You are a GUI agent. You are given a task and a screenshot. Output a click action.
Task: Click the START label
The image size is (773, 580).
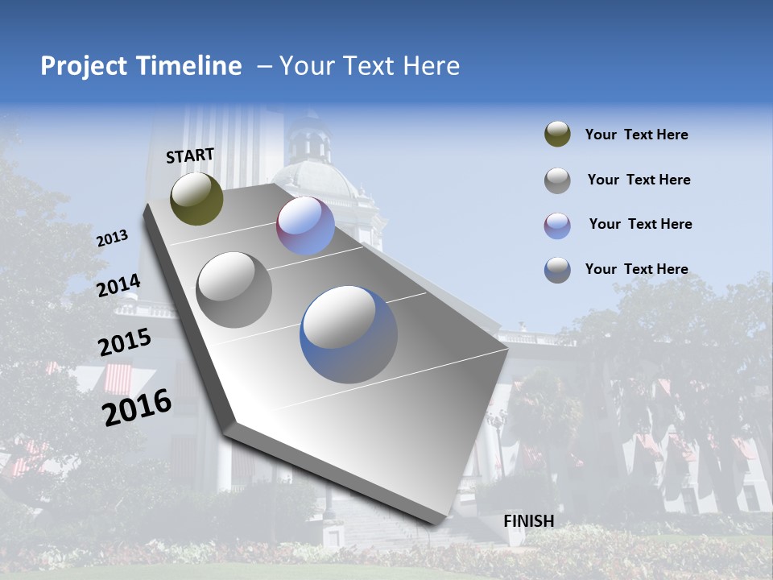click(190, 155)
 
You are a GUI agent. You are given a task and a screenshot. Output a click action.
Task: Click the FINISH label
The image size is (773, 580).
click(528, 521)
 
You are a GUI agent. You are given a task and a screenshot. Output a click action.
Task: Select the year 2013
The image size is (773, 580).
click(112, 238)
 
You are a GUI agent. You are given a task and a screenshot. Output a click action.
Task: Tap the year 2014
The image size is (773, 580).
click(118, 285)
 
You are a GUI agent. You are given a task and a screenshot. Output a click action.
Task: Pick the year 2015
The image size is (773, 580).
click(124, 342)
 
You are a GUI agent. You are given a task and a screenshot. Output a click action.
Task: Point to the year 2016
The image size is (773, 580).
click(137, 407)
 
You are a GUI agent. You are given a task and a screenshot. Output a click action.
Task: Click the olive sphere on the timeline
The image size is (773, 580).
click(196, 198)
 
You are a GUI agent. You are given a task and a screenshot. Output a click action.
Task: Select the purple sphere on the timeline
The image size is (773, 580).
click(305, 226)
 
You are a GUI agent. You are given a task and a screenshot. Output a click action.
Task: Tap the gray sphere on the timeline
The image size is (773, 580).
click(234, 289)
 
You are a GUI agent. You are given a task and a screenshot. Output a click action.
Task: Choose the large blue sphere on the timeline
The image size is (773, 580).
click(349, 334)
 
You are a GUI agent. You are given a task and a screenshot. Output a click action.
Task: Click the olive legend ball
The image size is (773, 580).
click(557, 135)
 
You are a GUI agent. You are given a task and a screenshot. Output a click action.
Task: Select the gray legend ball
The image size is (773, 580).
click(557, 180)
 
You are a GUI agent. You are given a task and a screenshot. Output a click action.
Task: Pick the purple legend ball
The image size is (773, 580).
click(557, 225)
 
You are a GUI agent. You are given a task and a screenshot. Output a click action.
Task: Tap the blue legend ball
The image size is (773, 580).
click(557, 269)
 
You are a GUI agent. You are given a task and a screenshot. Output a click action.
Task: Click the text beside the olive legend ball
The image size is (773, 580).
click(636, 135)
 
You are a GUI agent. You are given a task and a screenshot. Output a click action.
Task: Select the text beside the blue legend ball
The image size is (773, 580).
click(636, 269)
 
